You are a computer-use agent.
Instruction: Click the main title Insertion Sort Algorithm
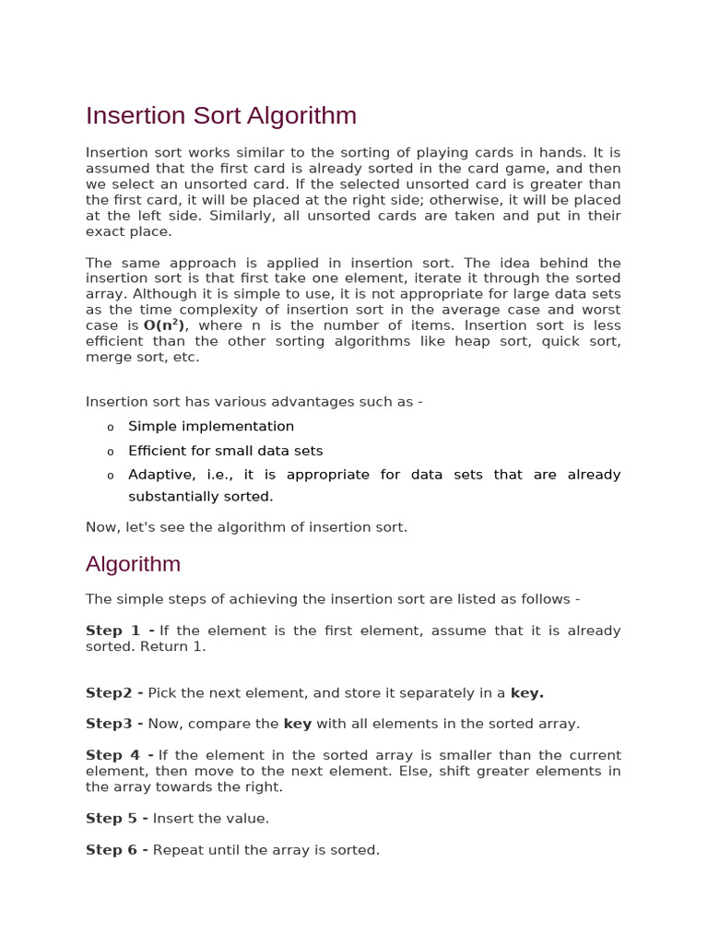(x=221, y=116)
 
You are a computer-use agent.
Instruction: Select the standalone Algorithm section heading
(x=133, y=564)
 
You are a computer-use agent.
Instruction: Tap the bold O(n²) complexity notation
(x=165, y=325)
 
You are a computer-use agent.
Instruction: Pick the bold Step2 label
(x=114, y=692)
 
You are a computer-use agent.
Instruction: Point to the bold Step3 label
(x=114, y=724)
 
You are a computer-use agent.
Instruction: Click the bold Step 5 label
(x=117, y=818)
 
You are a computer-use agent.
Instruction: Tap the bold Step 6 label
(x=117, y=849)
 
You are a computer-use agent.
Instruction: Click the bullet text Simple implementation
(x=211, y=426)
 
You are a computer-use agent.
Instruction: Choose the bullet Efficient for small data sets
(x=226, y=451)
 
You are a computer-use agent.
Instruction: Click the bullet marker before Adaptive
(x=111, y=476)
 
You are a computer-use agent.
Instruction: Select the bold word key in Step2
(x=526, y=692)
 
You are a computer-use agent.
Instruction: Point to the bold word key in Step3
(x=298, y=724)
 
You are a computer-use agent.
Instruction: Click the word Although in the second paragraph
(x=165, y=294)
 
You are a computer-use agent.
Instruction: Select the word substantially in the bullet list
(x=171, y=496)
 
